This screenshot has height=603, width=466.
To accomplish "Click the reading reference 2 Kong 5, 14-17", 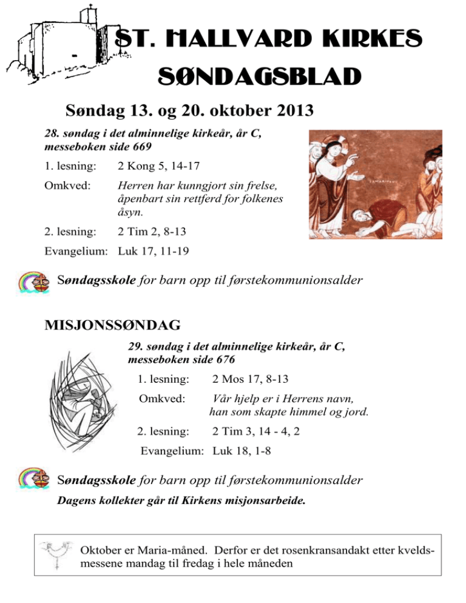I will point(159,164).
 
